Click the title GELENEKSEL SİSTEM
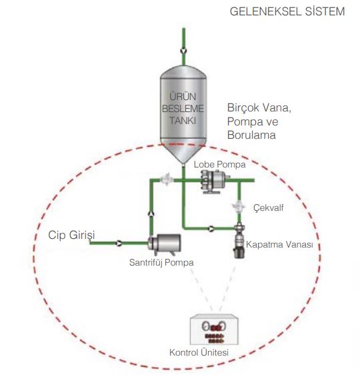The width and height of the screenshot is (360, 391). [x=287, y=11]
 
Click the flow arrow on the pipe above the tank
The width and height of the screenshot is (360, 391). [x=183, y=51]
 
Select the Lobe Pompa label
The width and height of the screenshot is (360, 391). [x=220, y=164]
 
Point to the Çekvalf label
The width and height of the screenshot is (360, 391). [x=268, y=208]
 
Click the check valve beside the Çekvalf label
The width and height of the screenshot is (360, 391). [x=239, y=207]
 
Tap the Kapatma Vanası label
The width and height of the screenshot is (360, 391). [x=279, y=244]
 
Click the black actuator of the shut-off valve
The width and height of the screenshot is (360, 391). [x=239, y=252]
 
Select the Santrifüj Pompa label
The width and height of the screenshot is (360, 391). [x=161, y=262]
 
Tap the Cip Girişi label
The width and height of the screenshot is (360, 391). [x=71, y=235]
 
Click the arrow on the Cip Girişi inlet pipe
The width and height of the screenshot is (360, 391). [x=119, y=243]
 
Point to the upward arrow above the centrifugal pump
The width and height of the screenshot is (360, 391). [x=151, y=214]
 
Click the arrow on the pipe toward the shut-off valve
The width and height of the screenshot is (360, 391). [x=211, y=228]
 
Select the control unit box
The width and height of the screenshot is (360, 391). [x=214, y=330]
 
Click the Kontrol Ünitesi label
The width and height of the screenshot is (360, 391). [x=199, y=352]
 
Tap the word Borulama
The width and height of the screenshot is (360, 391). [x=251, y=135]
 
